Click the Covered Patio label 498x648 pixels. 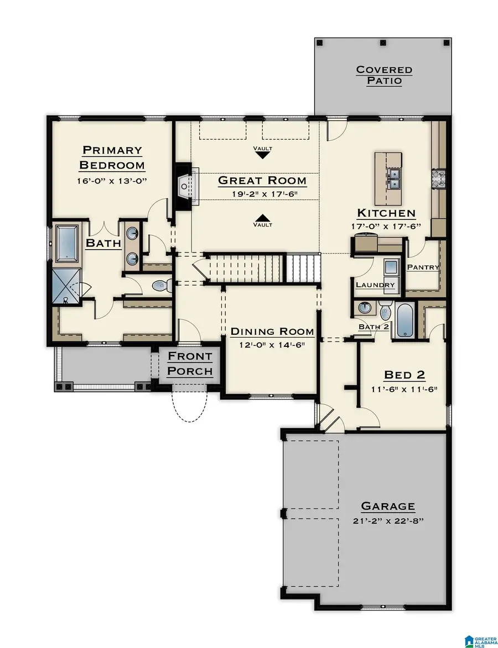tap(384, 75)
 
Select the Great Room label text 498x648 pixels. tap(262, 181)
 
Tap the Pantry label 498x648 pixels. tap(423, 267)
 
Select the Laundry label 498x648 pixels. tap(376, 286)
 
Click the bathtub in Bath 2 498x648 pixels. tap(404, 319)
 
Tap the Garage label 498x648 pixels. tap(388, 506)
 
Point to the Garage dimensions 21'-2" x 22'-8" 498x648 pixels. tap(388, 520)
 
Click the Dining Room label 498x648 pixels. tap(272, 331)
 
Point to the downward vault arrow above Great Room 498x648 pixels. tap(263, 155)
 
